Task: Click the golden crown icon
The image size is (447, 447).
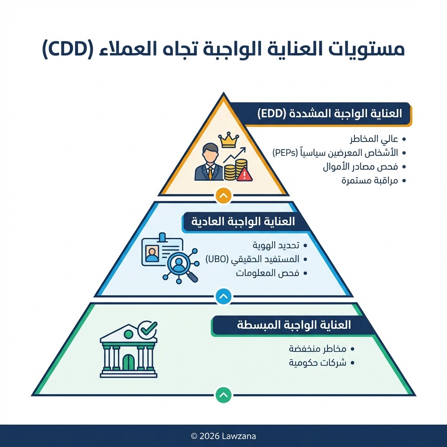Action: pos(229,141)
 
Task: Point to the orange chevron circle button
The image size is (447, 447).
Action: pos(223,196)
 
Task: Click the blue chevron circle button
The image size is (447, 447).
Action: pos(223,297)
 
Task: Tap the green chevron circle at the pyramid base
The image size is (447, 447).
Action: pos(223,395)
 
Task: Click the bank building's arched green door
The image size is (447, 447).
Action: pos(128,362)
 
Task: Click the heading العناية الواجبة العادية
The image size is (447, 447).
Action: pos(243,221)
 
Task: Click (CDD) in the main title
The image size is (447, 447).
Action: pos(68,49)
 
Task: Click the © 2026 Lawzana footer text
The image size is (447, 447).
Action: pos(223,436)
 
